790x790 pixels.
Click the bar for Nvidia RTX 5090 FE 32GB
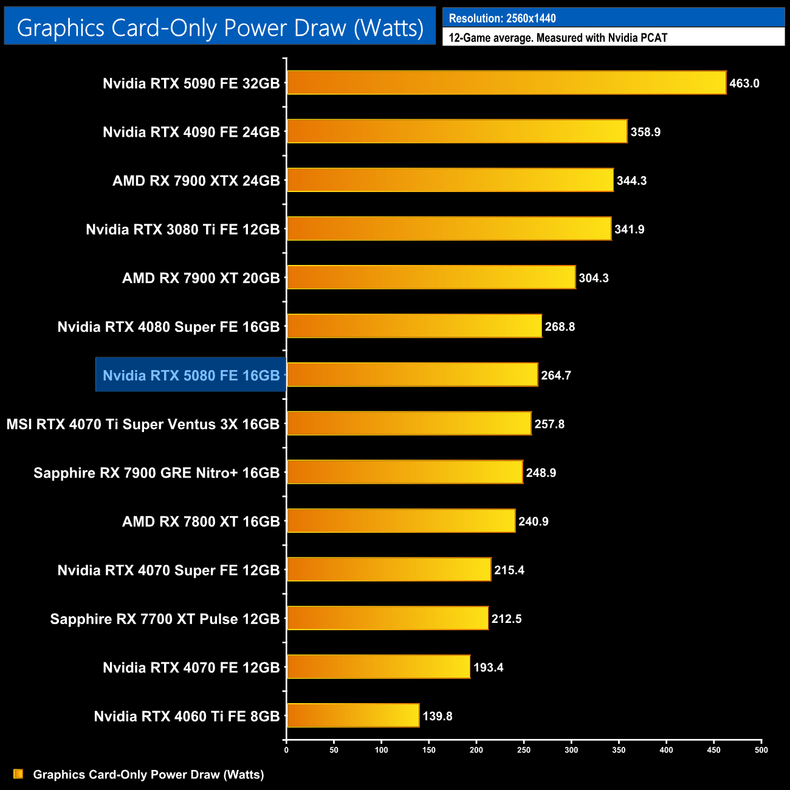coord(506,83)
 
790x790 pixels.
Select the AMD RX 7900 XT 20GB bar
coord(431,277)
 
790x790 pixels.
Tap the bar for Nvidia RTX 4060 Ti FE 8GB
coord(353,715)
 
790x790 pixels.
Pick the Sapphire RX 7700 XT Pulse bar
coord(387,618)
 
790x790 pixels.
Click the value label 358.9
coord(645,132)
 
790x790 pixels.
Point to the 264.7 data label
coord(556,375)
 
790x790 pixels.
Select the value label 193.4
coord(489,667)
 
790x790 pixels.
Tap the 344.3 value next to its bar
coord(631,180)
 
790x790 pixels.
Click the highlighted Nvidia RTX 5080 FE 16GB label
coord(191,375)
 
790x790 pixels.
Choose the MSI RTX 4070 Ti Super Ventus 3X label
coord(143,424)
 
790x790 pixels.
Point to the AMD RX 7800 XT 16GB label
coord(201,521)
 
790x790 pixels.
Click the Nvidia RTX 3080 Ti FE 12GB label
coord(182,229)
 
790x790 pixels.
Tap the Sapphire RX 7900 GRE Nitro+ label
coord(156,473)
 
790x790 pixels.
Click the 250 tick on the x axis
coord(524,750)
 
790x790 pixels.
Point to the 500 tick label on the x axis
coord(761,750)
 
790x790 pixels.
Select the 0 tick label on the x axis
coord(286,750)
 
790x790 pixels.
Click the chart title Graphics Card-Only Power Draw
coord(220,27)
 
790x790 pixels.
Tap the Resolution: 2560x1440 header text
coord(502,18)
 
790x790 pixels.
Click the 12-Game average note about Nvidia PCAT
coord(558,38)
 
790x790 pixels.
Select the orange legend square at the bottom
coord(18,774)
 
